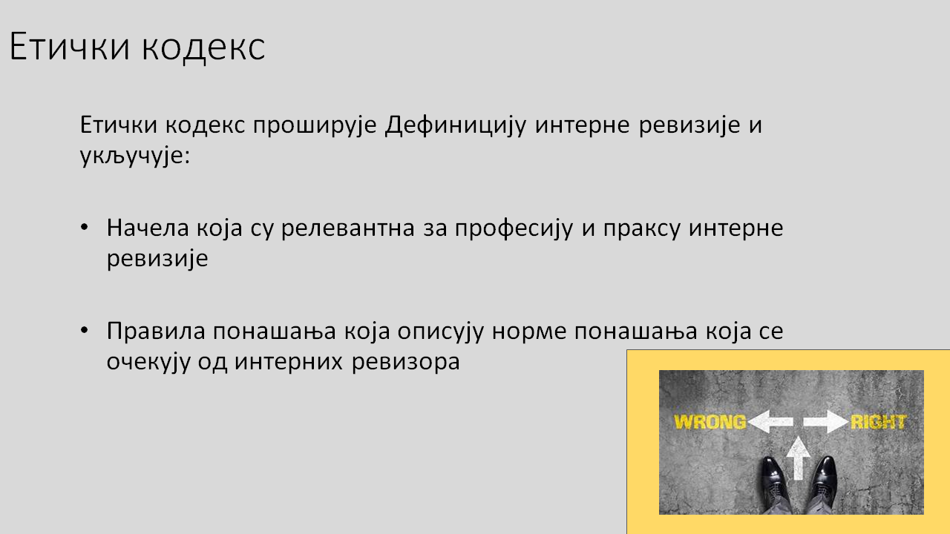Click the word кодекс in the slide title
pos(203,47)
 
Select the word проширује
pos(315,125)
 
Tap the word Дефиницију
pos(456,125)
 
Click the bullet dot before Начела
pos(85,227)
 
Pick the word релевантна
pos(347,228)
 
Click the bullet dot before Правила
pos(85,330)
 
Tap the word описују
pos(441,332)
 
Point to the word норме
pos(529,332)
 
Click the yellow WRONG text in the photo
pos(710,422)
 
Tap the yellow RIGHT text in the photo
pos(878,422)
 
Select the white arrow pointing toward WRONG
pos(770,422)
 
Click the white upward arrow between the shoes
pos(798,458)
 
